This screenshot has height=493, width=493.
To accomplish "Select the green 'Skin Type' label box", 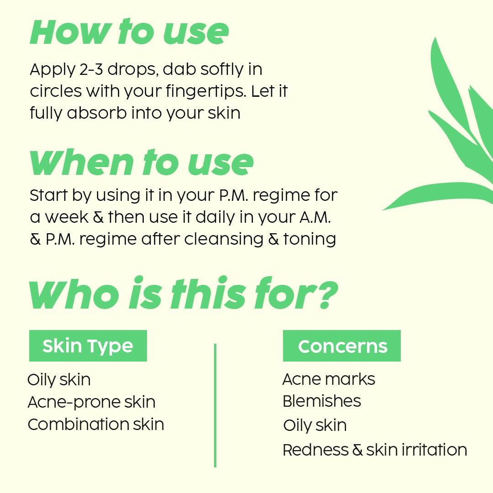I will click(88, 346).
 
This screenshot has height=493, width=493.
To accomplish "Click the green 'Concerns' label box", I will click(342, 346).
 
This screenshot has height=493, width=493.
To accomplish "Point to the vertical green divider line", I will click(215, 405).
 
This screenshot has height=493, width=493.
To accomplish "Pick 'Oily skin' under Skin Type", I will click(59, 380).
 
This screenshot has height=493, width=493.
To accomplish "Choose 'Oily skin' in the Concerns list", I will click(315, 425).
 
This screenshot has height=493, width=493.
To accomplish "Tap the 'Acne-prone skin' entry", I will click(91, 402).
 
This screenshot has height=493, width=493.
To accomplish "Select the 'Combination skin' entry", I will click(95, 425).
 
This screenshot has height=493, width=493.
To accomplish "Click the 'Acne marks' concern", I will click(329, 379).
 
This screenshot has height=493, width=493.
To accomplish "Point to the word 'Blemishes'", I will click(322, 401).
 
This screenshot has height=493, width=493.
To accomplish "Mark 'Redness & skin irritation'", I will click(374, 450).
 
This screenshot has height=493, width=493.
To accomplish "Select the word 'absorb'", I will click(97, 113).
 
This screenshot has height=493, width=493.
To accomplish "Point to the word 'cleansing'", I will click(224, 239).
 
